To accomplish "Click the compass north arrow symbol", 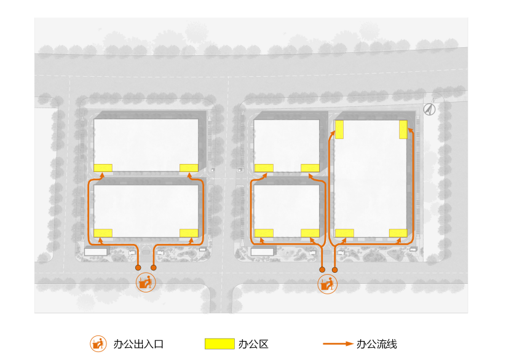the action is tap(430, 109).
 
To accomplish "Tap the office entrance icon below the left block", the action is tap(146, 283).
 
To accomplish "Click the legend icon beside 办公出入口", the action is tap(97, 343).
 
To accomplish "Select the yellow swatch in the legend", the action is tap(219, 343).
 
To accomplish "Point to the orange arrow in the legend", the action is tap(338, 343).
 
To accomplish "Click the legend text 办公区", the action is tap(253, 343).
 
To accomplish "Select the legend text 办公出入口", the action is tap(138, 343).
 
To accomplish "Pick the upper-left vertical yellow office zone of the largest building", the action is tap(339, 130).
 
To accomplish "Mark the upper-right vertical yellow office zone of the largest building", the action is tap(403, 130).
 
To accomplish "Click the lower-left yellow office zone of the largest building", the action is tap(344, 232).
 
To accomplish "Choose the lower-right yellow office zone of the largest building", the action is tap(398, 232).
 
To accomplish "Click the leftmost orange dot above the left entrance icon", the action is tap(138, 268).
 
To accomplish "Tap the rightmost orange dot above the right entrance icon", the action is tap(335, 269).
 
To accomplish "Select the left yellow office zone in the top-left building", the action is tap(103, 168).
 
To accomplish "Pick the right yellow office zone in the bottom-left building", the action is tap(189, 232).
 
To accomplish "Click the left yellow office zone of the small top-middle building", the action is tap(264, 168).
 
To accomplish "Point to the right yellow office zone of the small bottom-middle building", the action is tap(310, 232).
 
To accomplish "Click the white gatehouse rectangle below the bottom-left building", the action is tap(96, 251).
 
